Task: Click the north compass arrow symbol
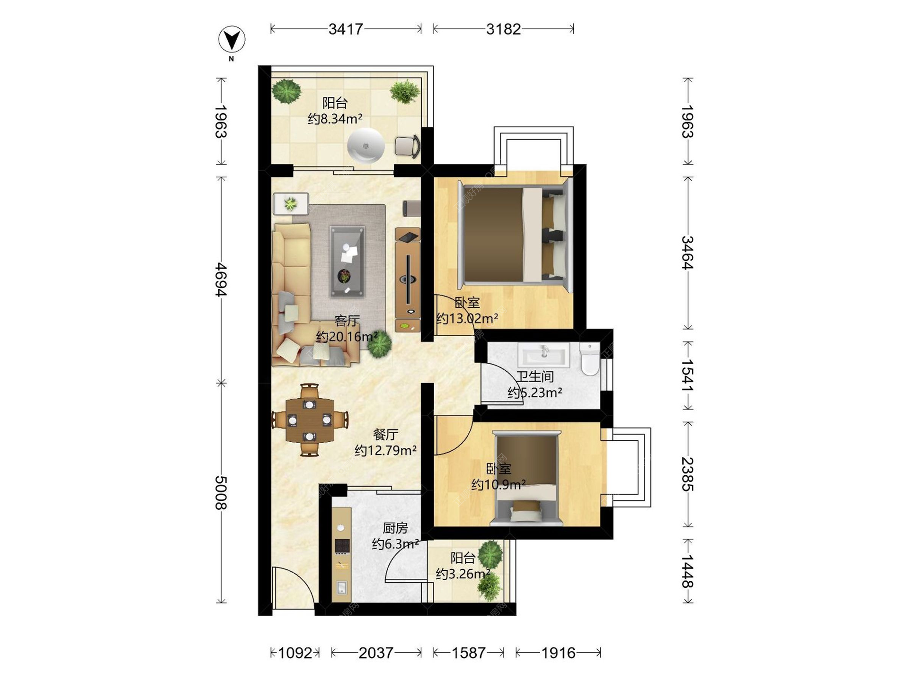(232, 39)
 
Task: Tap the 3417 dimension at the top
(346, 29)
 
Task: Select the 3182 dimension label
(503, 29)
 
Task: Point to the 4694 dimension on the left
(221, 280)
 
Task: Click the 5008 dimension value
(221, 493)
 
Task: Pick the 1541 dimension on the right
(687, 375)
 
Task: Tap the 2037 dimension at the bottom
(376, 653)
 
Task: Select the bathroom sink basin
(544, 355)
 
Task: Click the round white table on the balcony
(365, 146)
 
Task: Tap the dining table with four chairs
(310, 420)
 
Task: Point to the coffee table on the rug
(347, 262)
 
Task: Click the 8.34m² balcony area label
(335, 119)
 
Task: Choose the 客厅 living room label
(347, 321)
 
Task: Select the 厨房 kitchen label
(395, 528)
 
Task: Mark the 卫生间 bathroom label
(535, 376)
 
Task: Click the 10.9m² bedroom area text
(499, 485)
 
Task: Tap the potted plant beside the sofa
(379, 344)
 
